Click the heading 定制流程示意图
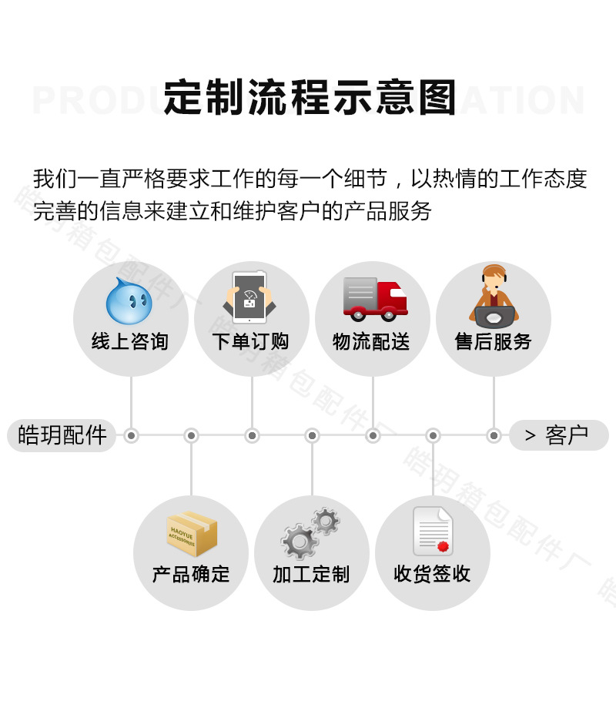pyautogui.click(x=310, y=99)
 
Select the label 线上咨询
pyautogui.click(x=129, y=341)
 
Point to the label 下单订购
pyautogui.click(x=250, y=341)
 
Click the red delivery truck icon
pyautogui.click(x=374, y=299)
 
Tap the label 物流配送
pyautogui.click(x=371, y=341)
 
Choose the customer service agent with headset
pyautogui.click(x=494, y=297)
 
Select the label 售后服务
pyautogui.click(x=493, y=341)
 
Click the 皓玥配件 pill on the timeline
pyautogui.click(x=62, y=435)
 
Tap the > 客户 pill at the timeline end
pyautogui.click(x=558, y=435)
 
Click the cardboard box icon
pyautogui.click(x=192, y=534)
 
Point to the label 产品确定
pyautogui.click(x=191, y=574)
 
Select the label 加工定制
pyautogui.click(x=311, y=574)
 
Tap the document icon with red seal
pyautogui.click(x=433, y=532)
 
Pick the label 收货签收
pyautogui.click(x=432, y=574)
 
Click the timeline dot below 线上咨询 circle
pyautogui.click(x=131, y=436)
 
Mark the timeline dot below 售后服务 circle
pyautogui.click(x=494, y=436)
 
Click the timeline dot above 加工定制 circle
pyautogui.click(x=312, y=436)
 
